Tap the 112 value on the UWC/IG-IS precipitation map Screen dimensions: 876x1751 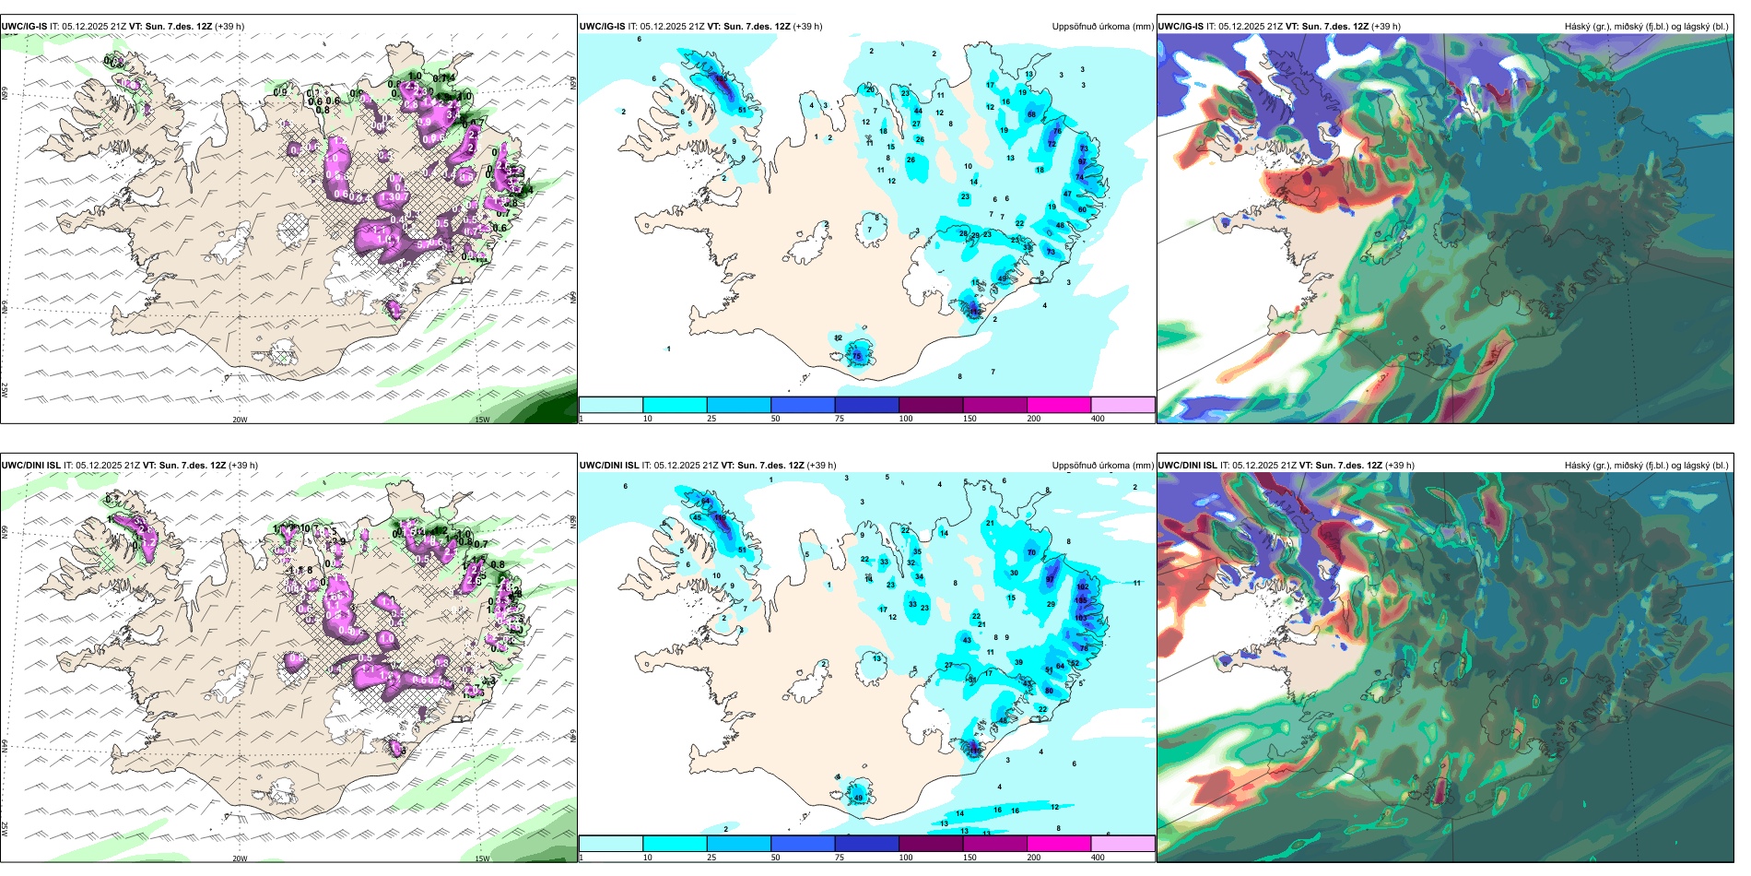976,312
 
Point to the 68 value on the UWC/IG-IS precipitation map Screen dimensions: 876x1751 1031,114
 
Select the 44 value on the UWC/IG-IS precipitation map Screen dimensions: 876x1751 918,111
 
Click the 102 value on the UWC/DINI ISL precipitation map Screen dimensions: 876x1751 1083,586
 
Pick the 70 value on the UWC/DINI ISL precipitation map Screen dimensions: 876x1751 1031,552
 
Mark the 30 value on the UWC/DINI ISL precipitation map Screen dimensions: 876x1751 1014,573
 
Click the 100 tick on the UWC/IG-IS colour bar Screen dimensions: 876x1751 906,419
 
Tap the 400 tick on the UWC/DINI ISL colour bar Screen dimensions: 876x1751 1098,858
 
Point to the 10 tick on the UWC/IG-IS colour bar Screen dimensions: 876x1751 647,419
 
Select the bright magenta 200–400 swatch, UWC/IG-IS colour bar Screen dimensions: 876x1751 1059,405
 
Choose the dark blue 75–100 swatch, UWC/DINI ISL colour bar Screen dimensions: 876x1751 866,844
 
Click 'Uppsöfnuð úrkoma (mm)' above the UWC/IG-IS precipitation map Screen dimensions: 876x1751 1102,27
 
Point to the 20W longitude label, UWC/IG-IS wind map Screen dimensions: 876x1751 240,420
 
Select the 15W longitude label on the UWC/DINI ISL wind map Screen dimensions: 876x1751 482,858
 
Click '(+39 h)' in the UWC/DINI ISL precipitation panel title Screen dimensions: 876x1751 821,466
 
